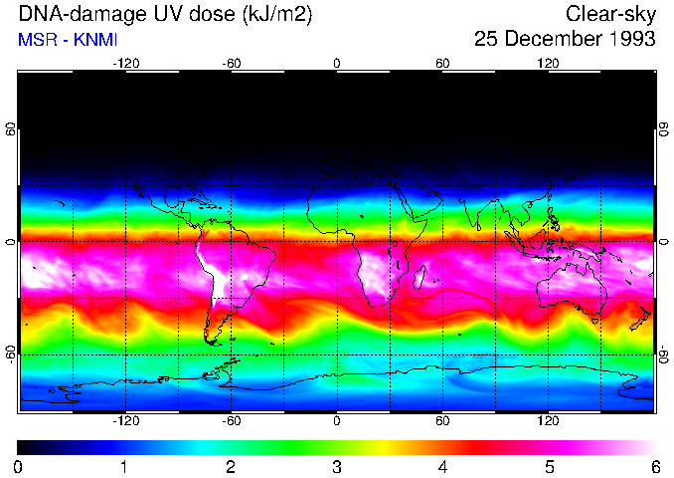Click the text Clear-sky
coord(610,14)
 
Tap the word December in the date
coord(552,39)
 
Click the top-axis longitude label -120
coord(125,64)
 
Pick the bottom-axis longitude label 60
coord(442,421)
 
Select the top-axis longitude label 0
coord(337,64)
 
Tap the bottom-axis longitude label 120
coord(548,421)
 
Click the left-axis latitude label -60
coord(10,355)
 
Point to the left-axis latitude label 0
coord(10,242)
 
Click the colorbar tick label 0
coord(19,466)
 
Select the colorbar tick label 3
coord(337,466)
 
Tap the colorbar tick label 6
coord(654,466)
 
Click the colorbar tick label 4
coord(442,466)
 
